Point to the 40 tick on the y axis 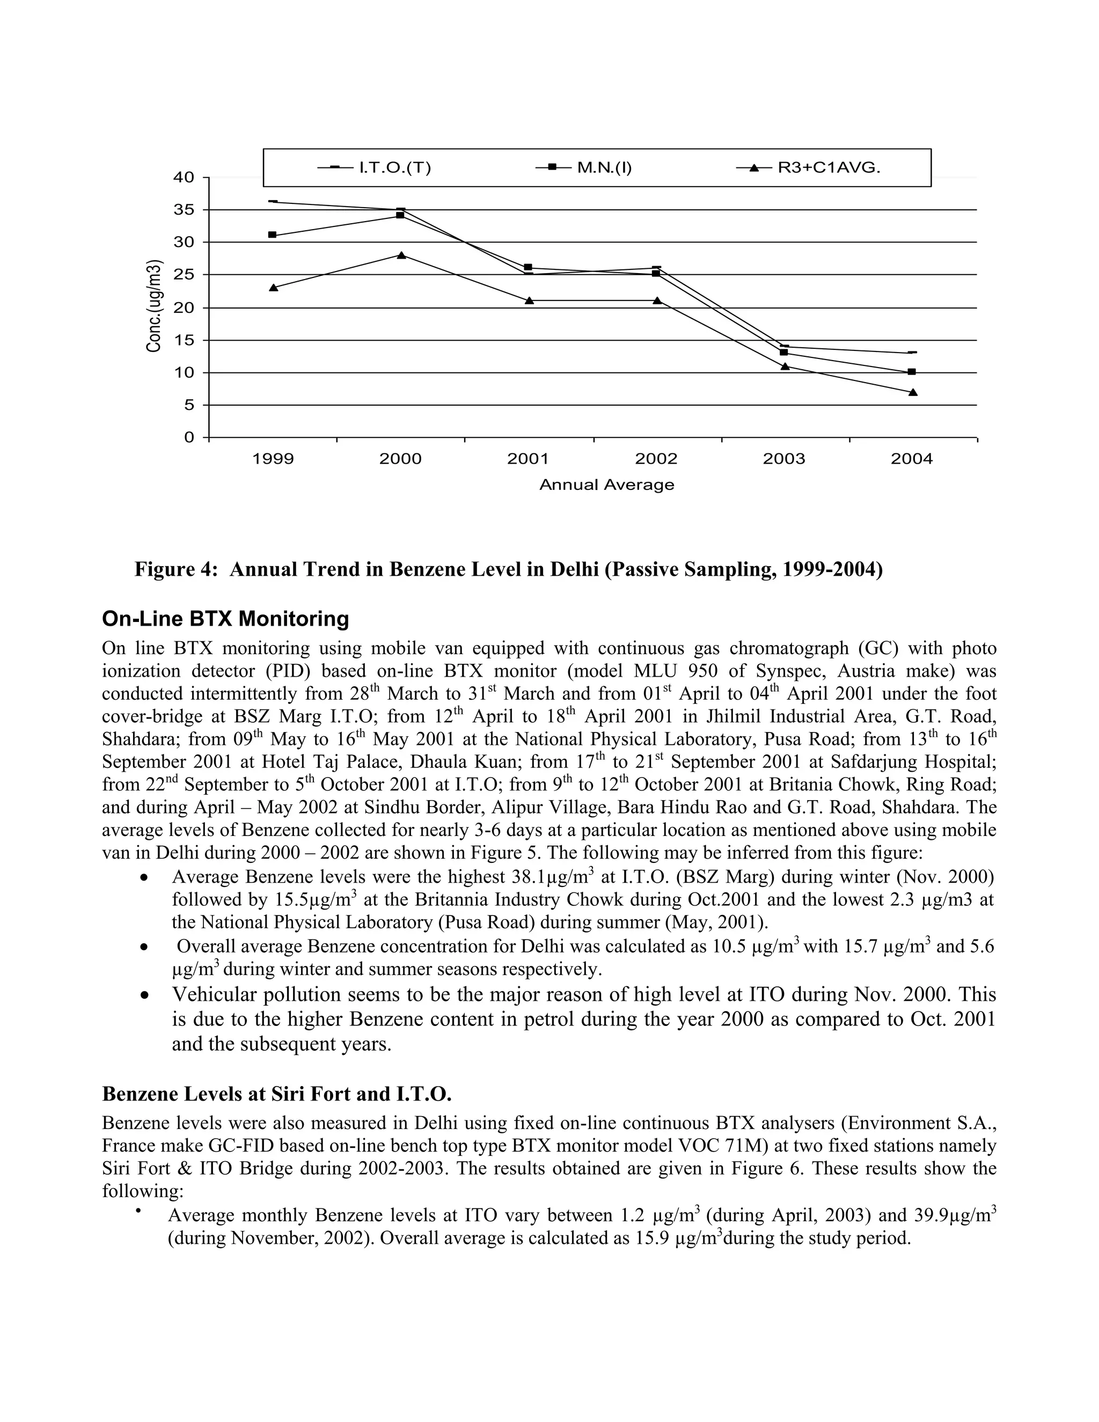[x=186, y=177]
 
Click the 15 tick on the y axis [x=186, y=340]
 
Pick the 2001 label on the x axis [x=528, y=459]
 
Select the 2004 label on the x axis [x=912, y=459]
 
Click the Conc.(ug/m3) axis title [x=155, y=306]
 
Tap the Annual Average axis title [x=607, y=485]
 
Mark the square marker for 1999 [x=273, y=235]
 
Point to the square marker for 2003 [x=784, y=352]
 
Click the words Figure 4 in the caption [x=173, y=570]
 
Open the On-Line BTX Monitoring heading [x=225, y=618]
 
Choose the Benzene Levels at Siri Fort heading [x=277, y=1094]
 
